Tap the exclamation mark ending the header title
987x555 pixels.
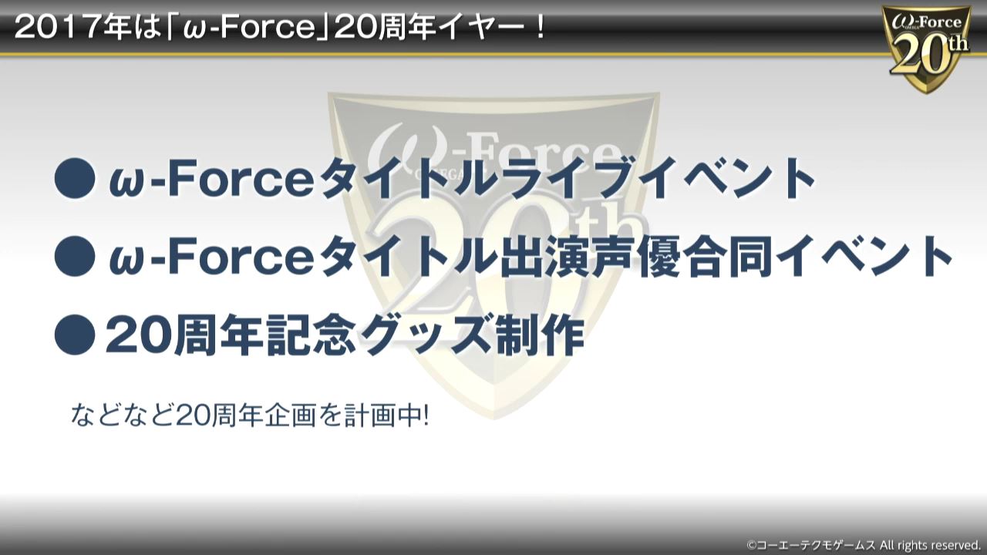click(541, 29)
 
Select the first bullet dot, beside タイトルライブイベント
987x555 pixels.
click(75, 178)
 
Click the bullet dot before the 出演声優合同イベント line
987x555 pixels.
click(75, 257)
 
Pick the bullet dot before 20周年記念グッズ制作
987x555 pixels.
click(75, 335)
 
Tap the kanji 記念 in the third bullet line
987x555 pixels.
click(310, 335)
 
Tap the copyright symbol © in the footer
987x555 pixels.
click(751, 544)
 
